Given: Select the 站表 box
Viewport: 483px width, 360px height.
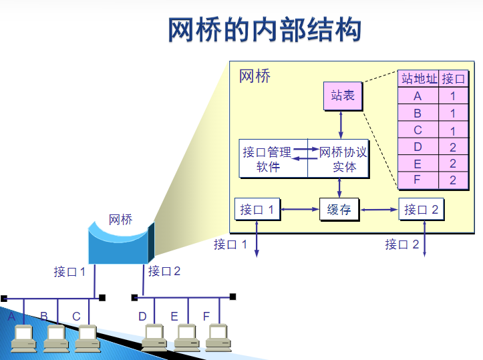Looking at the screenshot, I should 343,96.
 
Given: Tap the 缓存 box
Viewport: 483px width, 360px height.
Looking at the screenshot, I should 339,210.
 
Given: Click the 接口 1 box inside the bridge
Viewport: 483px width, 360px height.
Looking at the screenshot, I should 257,210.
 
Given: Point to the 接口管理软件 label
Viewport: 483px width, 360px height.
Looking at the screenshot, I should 269,160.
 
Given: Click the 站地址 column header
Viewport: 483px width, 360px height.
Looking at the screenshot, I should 419,79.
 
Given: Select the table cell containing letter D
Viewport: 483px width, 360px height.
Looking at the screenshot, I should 418,147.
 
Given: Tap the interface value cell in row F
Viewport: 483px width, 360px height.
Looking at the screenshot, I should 452,180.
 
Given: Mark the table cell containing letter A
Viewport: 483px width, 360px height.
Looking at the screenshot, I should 418,96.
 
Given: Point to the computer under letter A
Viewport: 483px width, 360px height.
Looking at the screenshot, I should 24,338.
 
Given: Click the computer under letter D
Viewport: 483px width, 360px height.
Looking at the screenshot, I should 154,337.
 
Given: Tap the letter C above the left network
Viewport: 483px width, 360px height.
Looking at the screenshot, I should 76,316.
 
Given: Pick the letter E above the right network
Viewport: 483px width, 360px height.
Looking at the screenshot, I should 174,316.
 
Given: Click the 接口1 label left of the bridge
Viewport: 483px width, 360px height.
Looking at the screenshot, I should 70,272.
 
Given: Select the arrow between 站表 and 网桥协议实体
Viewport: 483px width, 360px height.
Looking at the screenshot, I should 341,124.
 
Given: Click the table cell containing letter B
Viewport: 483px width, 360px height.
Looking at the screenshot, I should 418,114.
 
